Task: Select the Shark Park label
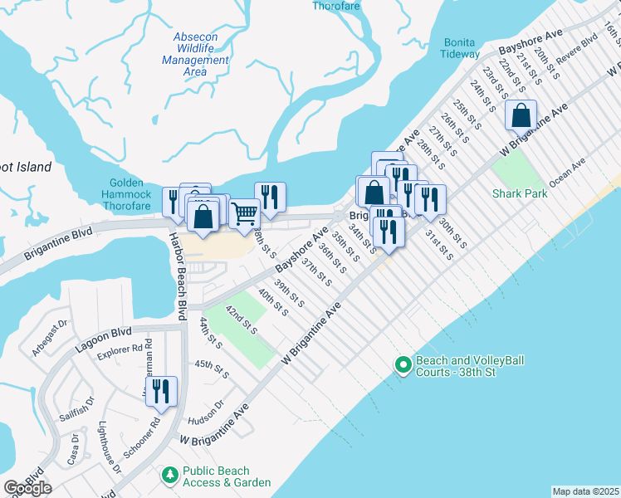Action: (x=520, y=193)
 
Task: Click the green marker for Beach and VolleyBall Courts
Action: (x=403, y=365)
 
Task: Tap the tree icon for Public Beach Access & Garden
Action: (x=169, y=475)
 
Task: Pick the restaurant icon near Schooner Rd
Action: (x=161, y=391)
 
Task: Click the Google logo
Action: (x=27, y=487)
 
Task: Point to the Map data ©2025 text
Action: (x=585, y=491)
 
